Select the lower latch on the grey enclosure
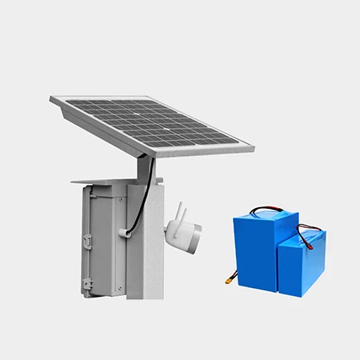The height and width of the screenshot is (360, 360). pos(86,282)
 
